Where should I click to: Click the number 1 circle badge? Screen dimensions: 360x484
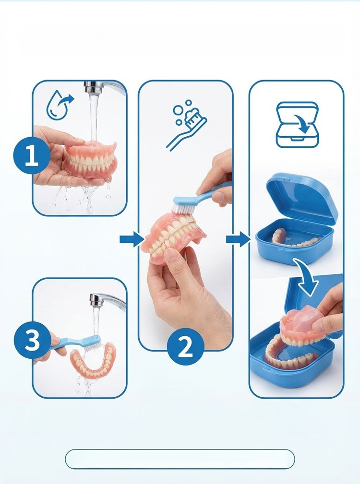pos(32,156)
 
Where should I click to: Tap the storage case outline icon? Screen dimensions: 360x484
pos(297,124)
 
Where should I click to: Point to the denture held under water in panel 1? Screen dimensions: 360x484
pos(90,161)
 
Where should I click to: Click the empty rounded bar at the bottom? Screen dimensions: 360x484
pos(180,459)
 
